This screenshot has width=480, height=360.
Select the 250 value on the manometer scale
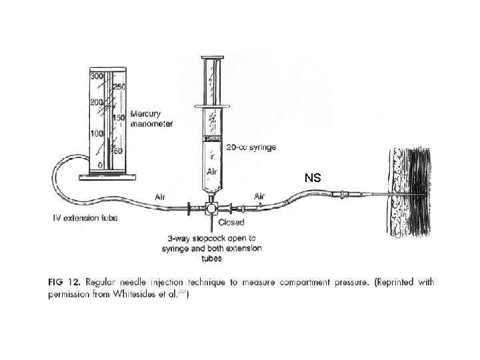coord(119,87)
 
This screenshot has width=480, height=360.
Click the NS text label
coord(313,178)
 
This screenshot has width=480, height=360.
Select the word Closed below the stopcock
coord(231,222)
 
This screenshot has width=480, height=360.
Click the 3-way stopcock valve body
coord(210,208)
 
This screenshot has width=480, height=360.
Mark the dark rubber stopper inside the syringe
coord(213,139)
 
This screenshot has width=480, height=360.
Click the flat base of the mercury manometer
coord(107,177)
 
